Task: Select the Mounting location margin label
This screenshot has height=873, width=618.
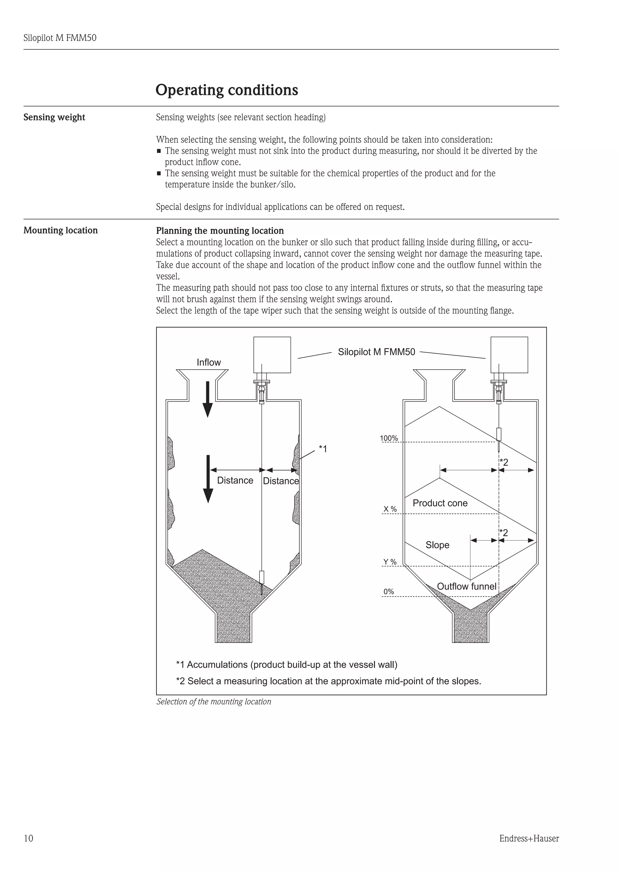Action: [61, 230]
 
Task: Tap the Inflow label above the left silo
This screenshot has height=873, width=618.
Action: [209, 362]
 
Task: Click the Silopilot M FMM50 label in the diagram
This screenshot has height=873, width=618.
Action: [376, 352]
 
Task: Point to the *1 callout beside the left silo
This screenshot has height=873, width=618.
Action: [323, 449]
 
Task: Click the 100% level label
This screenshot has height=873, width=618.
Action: [389, 438]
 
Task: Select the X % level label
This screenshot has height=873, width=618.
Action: [390, 509]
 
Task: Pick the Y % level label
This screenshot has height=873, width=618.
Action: [390, 562]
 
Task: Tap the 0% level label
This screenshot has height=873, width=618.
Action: [389, 592]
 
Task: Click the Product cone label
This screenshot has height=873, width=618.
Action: [440, 503]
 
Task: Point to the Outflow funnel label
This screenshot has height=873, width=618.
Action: [466, 586]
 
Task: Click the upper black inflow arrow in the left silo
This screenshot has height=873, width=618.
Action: [207, 399]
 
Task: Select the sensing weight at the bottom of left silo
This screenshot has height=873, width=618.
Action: [261, 578]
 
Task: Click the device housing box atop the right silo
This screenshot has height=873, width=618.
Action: [509, 355]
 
